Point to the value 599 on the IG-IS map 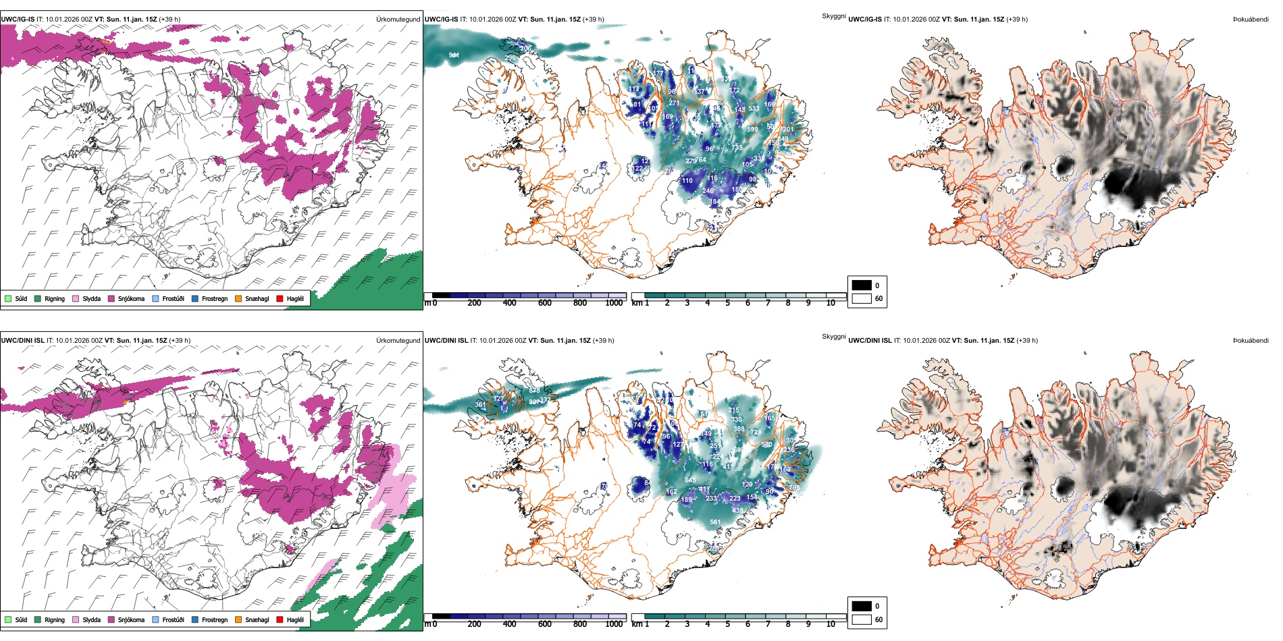click(x=752, y=130)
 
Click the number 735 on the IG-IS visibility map click(x=737, y=147)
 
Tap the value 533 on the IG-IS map click(x=754, y=108)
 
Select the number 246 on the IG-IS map click(x=708, y=191)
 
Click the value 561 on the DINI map click(x=715, y=522)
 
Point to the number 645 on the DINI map click(x=690, y=480)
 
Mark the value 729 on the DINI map click(x=756, y=433)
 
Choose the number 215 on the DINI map click(x=734, y=410)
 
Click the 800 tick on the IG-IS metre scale click(x=579, y=303)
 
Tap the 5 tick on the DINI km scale click(x=727, y=624)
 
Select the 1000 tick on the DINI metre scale click(x=614, y=624)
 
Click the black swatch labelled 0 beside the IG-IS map click(x=862, y=285)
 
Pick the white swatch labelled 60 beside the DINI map click(x=862, y=619)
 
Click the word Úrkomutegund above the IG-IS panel click(x=398, y=20)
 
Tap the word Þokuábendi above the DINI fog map click(x=1251, y=341)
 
